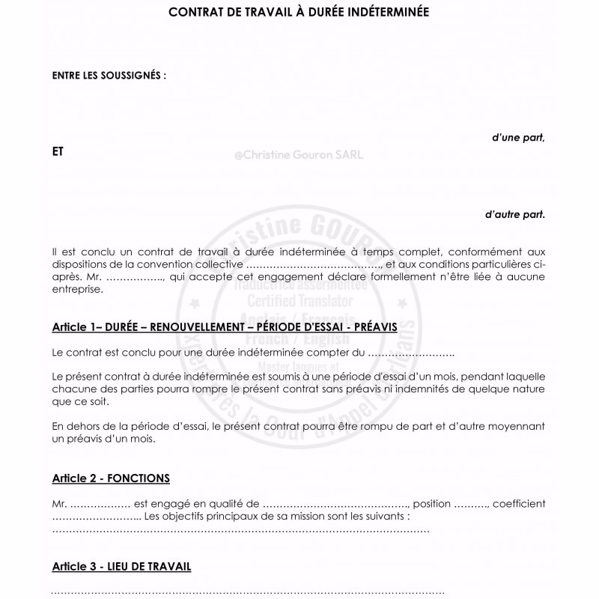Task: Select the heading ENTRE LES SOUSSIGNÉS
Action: [109, 76]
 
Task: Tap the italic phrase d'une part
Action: [518, 137]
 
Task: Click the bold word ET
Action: [58, 151]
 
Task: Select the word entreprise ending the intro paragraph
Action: [76, 289]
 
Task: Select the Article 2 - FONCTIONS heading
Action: [111, 478]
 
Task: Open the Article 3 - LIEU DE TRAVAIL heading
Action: [121, 566]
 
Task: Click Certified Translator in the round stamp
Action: [299, 301]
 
